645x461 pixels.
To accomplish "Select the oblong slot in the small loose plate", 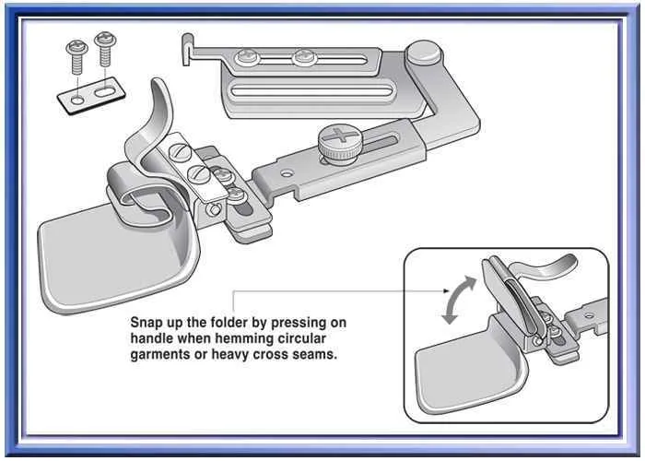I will pos(108,91).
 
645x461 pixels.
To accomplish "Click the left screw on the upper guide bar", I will pos(248,59).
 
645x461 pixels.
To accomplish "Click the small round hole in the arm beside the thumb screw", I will pos(288,171).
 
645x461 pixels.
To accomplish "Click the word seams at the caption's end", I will pos(316,354).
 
